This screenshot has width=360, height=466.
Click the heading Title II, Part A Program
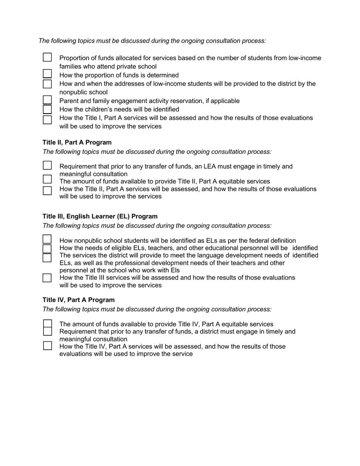coord(77,142)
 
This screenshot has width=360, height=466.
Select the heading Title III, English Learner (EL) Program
coord(100,216)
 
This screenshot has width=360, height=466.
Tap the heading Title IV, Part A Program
coord(78,300)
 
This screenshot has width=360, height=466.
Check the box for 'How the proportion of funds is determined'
coord(47,73)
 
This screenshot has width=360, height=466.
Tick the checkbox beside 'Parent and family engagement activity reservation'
coord(47,100)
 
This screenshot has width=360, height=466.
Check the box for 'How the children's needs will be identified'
coord(47,109)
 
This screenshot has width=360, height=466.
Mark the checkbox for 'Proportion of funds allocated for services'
coord(47,57)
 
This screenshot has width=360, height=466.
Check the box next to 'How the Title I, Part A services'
coord(47,120)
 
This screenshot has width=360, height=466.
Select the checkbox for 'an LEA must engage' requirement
coord(47,166)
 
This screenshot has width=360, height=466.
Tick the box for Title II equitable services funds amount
coord(47,179)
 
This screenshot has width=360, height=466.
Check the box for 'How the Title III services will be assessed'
coord(47,278)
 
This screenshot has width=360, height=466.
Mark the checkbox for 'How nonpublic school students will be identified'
coord(47,239)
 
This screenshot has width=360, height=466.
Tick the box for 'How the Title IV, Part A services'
coord(47,346)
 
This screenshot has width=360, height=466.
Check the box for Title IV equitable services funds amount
coord(47,324)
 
